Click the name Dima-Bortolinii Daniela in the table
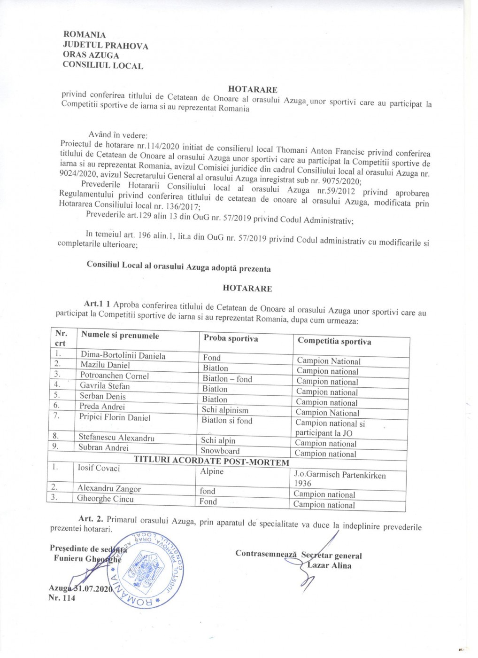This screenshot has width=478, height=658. [123, 356]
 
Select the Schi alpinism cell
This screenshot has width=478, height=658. [225, 410]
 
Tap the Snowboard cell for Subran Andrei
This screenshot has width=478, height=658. [220, 451]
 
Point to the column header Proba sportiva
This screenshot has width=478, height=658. [231, 338]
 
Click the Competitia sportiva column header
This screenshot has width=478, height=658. [334, 341]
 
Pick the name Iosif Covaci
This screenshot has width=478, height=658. [99, 468]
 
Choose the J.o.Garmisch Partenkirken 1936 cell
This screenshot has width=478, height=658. [339, 479]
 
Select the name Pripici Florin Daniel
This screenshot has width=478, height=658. [115, 417]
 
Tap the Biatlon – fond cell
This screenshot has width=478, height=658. [227, 379]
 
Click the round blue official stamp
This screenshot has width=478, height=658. [144, 570]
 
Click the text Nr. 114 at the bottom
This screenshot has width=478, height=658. [62, 598]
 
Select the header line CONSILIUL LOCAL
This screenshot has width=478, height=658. [103, 65]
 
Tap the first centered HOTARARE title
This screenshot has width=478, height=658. [253, 89]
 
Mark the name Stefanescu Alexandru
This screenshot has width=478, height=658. [116, 438]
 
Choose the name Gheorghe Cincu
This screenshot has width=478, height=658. [105, 499]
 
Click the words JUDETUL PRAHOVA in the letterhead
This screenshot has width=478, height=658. [105, 46]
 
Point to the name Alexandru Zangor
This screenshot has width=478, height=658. [109, 488]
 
